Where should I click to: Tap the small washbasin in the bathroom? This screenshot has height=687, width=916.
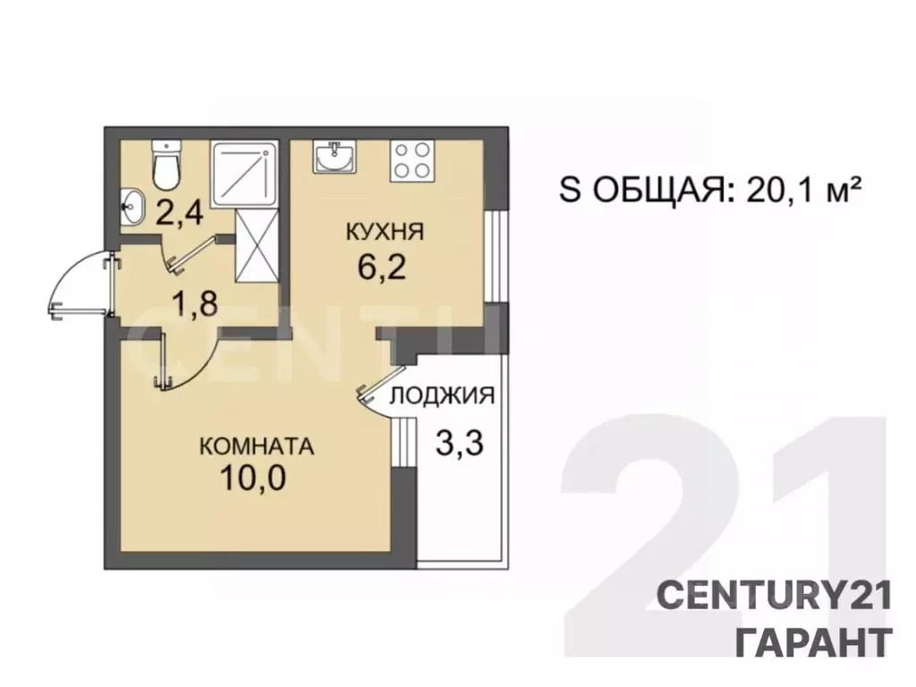[132, 207]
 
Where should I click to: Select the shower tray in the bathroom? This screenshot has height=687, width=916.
[243, 174]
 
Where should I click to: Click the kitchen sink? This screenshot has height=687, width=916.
[335, 157]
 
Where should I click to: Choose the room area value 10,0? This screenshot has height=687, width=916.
[257, 479]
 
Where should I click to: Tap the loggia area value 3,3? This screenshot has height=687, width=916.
[458, 441]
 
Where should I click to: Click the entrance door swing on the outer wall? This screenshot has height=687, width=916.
[81, 284]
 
